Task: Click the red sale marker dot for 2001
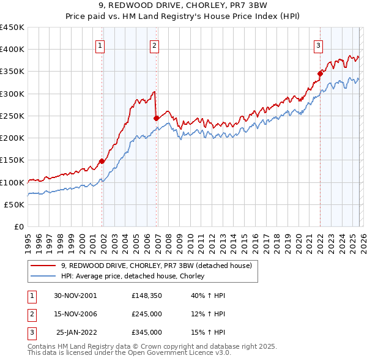(x=102, y=161)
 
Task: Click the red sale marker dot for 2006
(x=157, y=118)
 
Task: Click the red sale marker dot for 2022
(x=320, y=73)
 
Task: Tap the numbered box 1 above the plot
(x=100, y=45)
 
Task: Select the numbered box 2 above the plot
(x=154, y=45)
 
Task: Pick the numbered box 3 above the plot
(x=318, y=45)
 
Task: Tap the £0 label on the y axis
(x=18, y=226)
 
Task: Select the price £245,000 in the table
(x=147, y=314)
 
